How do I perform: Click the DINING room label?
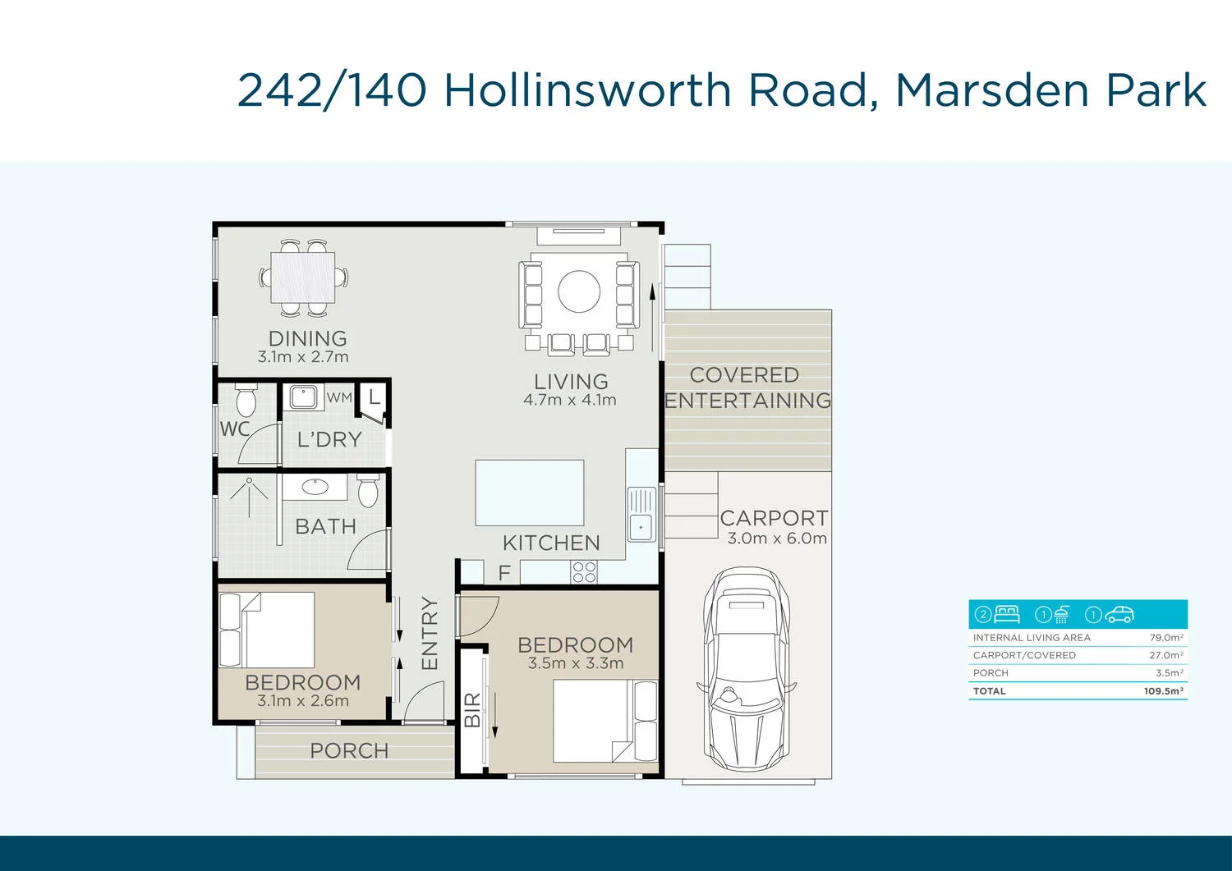(307, 338)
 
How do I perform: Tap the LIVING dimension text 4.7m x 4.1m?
(570, 401)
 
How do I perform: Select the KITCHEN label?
(551, 543)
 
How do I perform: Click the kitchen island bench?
(530, 493)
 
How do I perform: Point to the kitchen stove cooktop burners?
(584, 572)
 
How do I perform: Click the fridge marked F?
(503, 572)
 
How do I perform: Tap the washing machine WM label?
(339, 397)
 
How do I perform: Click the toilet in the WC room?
(245, 401)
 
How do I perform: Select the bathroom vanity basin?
(315, 488)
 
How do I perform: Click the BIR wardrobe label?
(472, 710)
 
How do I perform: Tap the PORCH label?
(349, 750)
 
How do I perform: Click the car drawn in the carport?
(747, 665)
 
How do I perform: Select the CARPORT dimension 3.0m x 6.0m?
(777, 539)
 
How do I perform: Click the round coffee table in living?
(579, 291)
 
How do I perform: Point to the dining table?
(303, 277)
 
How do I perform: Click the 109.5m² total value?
(1164, 691)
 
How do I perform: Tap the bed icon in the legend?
(1006, 614)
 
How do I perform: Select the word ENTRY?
(430, 633)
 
